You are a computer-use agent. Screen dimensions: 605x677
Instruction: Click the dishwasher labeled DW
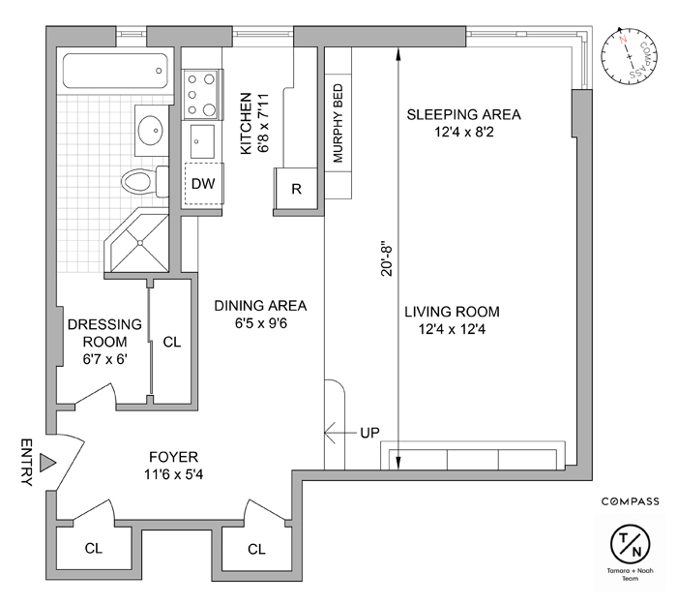click(x=203, y=183)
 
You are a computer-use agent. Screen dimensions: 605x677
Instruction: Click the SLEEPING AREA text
click(x=462, y=114)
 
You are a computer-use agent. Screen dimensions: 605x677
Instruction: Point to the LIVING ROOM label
click(x=452, y=312)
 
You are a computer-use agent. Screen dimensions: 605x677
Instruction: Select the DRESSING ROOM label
click(x=105, y=332)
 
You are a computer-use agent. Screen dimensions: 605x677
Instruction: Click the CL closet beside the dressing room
click(x=172, y=342)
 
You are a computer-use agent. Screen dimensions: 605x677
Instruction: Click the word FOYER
click(x=173, y=457)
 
